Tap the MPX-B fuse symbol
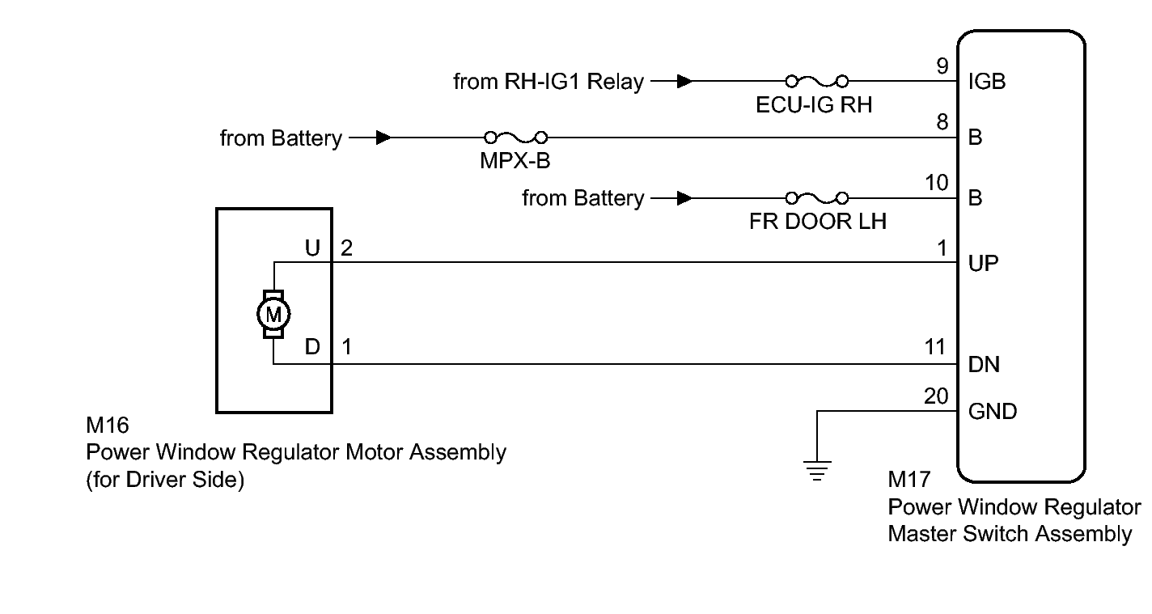515,138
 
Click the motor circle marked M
273,313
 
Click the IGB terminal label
986,82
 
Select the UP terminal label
983,264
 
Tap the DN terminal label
984,365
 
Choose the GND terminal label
992,412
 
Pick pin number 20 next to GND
936,396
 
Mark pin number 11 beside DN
936,348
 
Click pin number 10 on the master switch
936,184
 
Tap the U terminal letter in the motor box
313,248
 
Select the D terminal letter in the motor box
313,348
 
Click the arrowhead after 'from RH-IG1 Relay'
684,81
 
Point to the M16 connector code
107,426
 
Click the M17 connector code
909,481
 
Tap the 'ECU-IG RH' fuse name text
814,104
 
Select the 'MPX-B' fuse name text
515,161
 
